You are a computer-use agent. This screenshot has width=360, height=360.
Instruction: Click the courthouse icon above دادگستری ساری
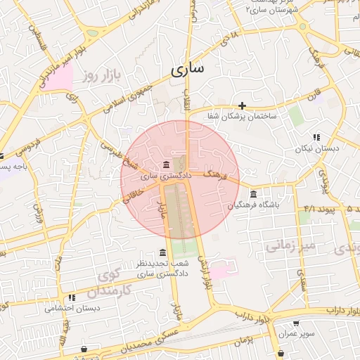coord(166,165)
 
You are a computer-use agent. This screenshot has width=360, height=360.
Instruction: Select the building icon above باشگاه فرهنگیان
coord(253,194)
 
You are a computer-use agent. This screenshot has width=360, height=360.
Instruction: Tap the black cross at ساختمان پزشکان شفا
coord(243,105)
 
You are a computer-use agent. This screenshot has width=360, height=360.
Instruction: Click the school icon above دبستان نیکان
coord(316,137)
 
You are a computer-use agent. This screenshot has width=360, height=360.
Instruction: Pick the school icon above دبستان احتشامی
coord(72,297)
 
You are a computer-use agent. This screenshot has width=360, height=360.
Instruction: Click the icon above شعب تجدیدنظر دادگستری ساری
coord(162,252)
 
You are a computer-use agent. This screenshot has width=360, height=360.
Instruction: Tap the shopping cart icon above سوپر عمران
coord(297,323)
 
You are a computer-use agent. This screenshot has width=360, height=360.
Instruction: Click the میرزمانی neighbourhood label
coord(288,246)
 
